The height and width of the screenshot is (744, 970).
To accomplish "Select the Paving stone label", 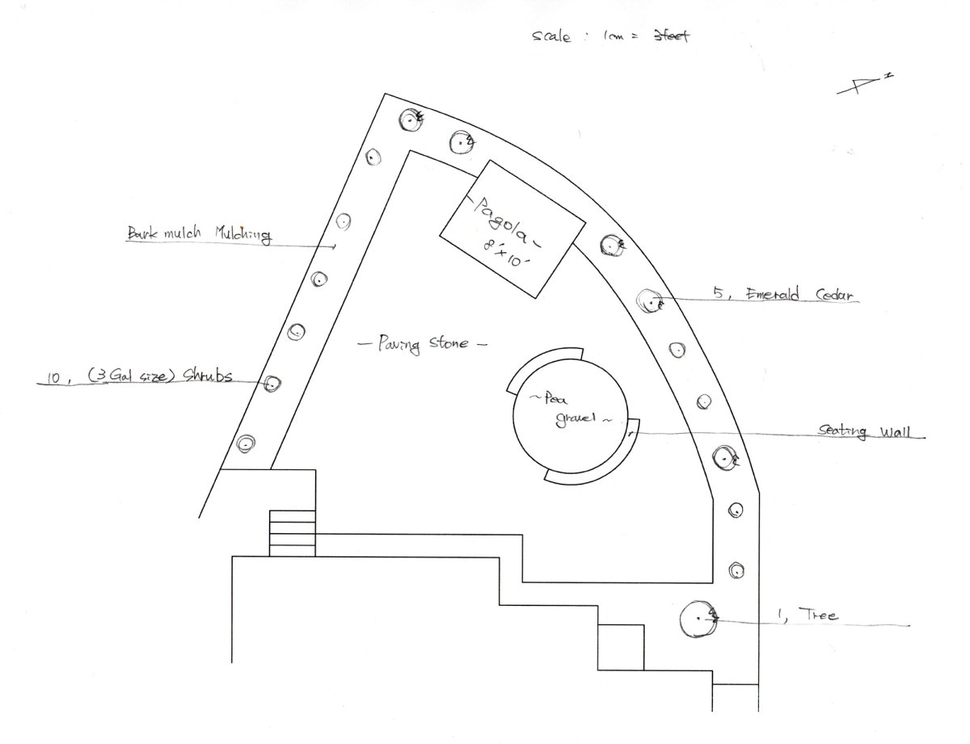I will tap(422, 343).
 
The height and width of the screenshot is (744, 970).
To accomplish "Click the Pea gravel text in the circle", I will tap(567, 408).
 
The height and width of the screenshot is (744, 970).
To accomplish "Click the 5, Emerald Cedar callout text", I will tap(785, 295).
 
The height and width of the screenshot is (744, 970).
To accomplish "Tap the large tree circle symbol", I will tap(698, 620).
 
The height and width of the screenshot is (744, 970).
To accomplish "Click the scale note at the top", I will tap(610, 36).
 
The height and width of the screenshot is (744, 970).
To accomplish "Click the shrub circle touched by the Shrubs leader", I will tap(272, 383).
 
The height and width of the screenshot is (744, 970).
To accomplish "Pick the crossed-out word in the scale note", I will tap(670, 36).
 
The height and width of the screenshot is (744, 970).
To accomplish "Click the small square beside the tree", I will tap(620, 647).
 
